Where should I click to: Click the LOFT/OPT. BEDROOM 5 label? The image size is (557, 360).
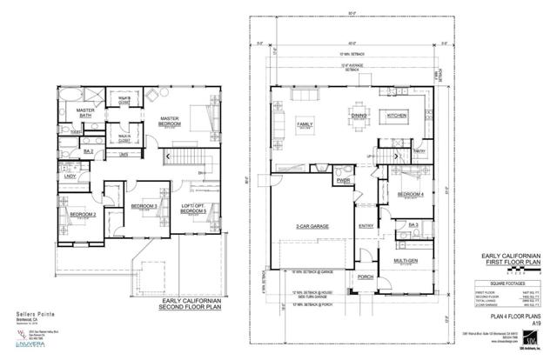point(194,208)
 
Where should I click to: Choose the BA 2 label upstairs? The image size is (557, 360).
point(88,151)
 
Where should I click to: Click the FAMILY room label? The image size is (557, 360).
point(305,125)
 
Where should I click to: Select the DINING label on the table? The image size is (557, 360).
point(357,114)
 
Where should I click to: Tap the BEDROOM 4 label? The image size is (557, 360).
point(409,194)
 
